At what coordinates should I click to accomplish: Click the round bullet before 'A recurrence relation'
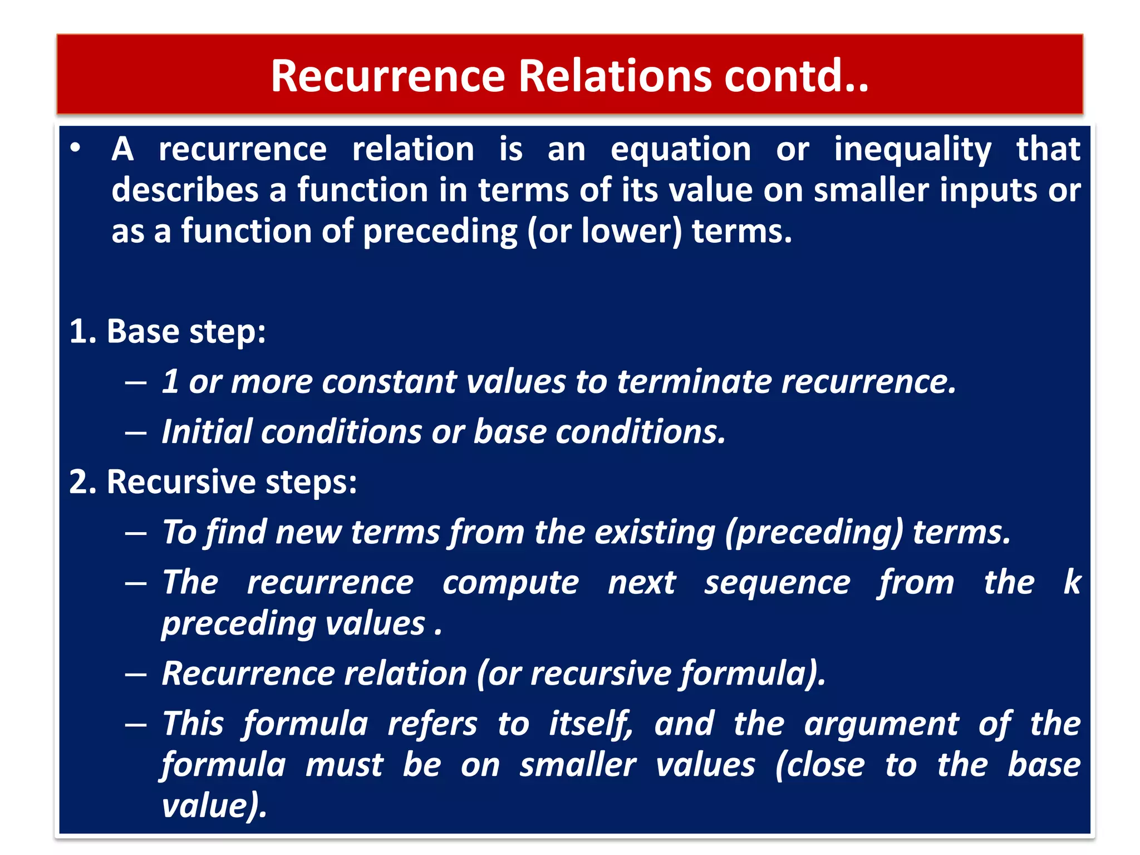click(x=76, y=148)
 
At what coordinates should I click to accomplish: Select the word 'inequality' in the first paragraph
click(x=912, y=150)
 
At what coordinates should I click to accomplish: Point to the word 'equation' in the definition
click(x=680, y=150)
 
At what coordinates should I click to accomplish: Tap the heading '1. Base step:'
click(x=168, y=332)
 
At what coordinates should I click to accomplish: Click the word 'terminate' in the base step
click(x=694, y=382)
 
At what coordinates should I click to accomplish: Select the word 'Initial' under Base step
click(x=207, y=432)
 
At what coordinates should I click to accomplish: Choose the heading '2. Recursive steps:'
click(x=213, y=482)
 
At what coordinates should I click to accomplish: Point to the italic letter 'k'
click(x=1071, y=582)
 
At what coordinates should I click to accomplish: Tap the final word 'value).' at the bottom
click(x=214, y=805)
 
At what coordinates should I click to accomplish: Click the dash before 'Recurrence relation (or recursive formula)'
click(x=136, y=675)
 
